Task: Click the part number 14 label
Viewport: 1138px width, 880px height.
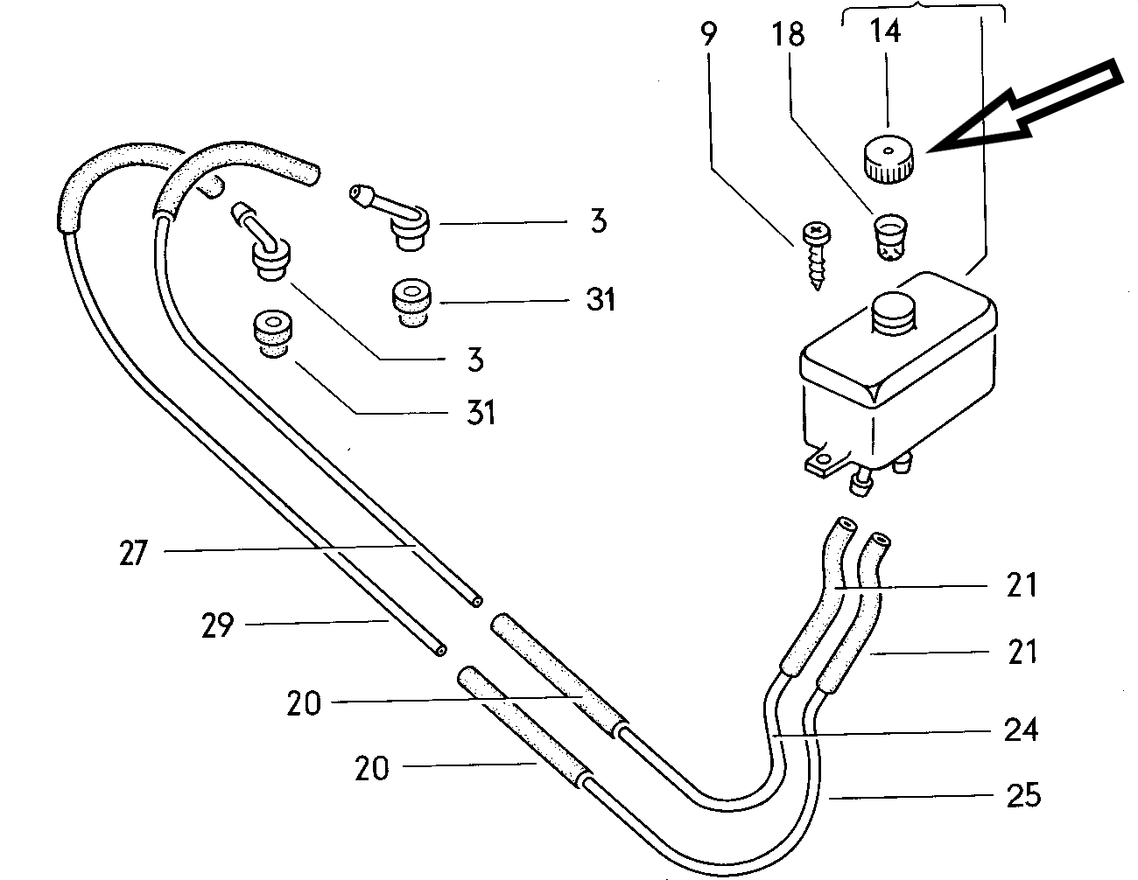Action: pyautogui.click(x=885, y=31)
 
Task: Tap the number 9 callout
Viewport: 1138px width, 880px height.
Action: pyautogui.click(x=708, y=33)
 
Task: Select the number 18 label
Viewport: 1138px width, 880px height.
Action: pyautogui.click(x=789, y=34)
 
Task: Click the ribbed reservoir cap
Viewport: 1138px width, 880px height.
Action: pyautogui.click(x=889, y=159)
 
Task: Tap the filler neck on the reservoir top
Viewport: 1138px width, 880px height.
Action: pyautogui.click(x=893, y=313)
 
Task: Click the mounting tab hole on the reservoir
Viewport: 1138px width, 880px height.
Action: pyautogui.click(x=823, y=460)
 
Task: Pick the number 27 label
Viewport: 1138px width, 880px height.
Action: pyautogui.click(x=133, y=553)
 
